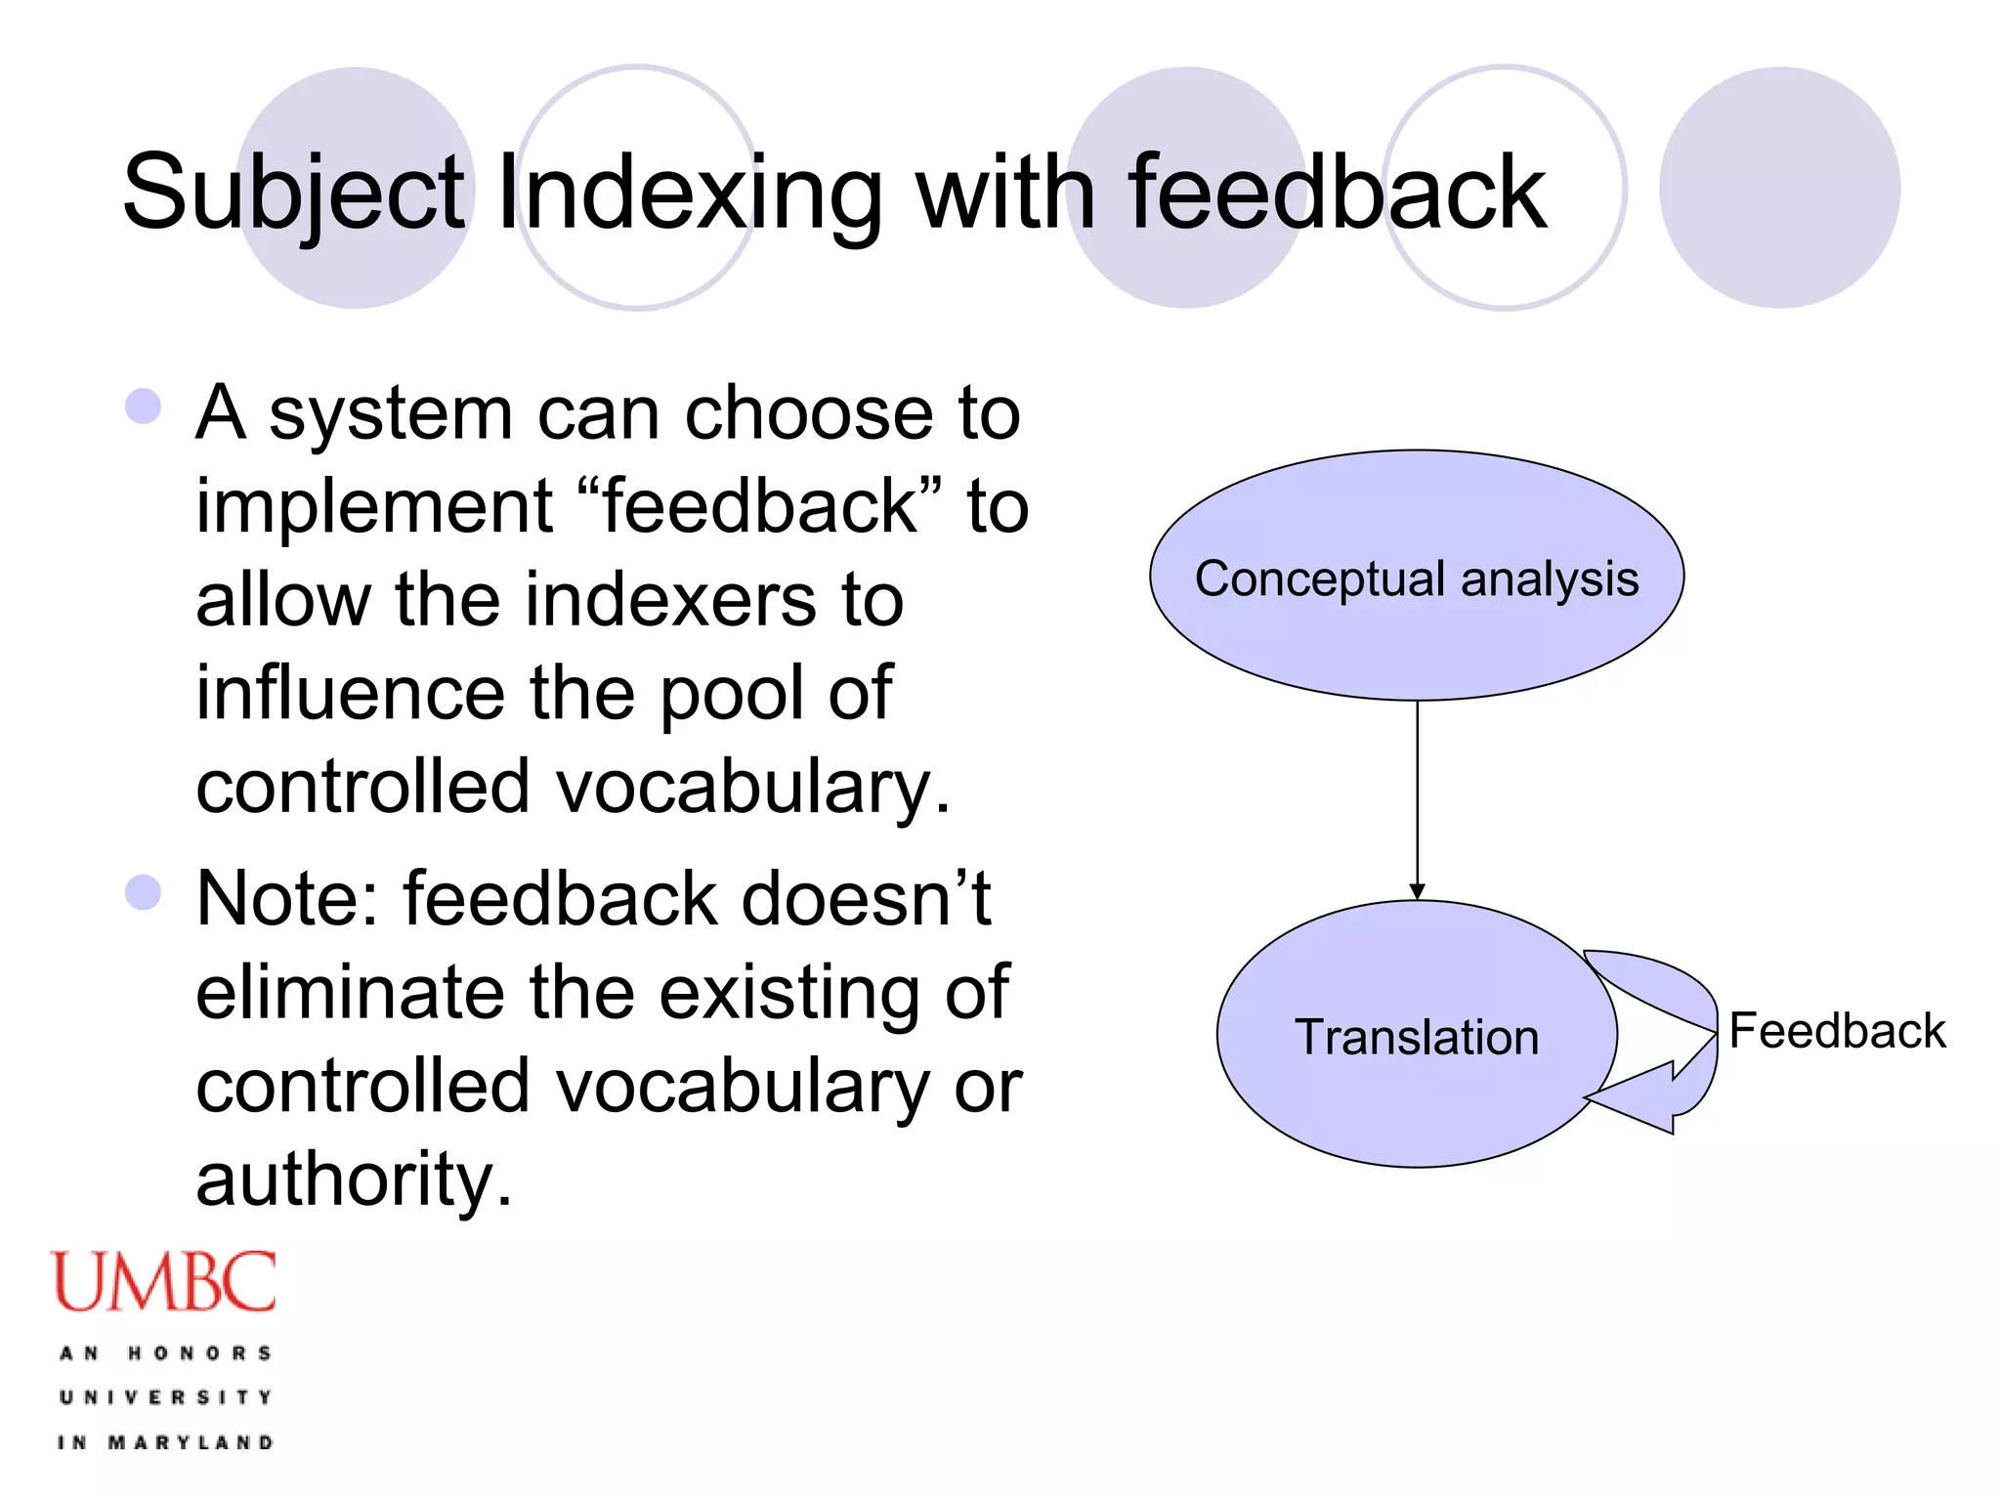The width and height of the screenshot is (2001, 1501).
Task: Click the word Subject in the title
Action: (x=293, y=193)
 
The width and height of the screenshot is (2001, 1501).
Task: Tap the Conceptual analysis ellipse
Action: (x=1417, y=577)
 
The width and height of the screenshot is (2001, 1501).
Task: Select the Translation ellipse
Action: (x=1416, y=1036)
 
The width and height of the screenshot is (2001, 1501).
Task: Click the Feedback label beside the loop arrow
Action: (x=1837, y=1031)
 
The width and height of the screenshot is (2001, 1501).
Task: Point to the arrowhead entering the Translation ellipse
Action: (x=1418, y=891)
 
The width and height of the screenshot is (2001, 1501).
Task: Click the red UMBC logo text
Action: (x=164, y=1282)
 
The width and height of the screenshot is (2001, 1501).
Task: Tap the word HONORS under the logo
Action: (x=200, y=1353)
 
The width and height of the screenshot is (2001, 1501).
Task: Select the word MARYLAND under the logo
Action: (x=191, y=1442)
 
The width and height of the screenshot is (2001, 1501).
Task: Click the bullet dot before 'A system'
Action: (x=144, y=407)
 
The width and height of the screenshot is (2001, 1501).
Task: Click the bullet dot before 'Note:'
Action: (x=144, y=892)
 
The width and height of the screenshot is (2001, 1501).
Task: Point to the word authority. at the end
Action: (x=354, y=1179)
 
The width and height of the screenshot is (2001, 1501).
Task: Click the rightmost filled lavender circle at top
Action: (x=1779, y=188)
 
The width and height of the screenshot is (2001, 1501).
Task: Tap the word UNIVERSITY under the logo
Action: (x=166, y=1397)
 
